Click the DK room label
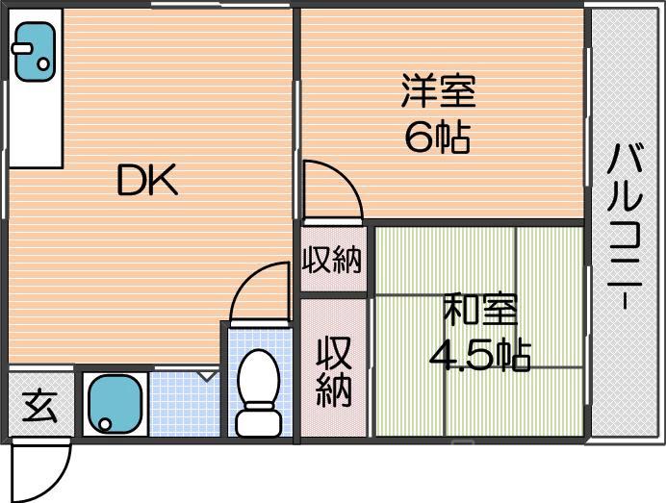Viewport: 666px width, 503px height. [147, 181]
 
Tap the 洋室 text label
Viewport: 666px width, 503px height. [437, 94]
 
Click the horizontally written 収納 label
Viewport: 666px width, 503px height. [333, 260]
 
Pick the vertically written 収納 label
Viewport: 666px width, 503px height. [333, 371]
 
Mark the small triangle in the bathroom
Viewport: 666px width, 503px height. [207, 376]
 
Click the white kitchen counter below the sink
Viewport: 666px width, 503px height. [34, 125]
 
